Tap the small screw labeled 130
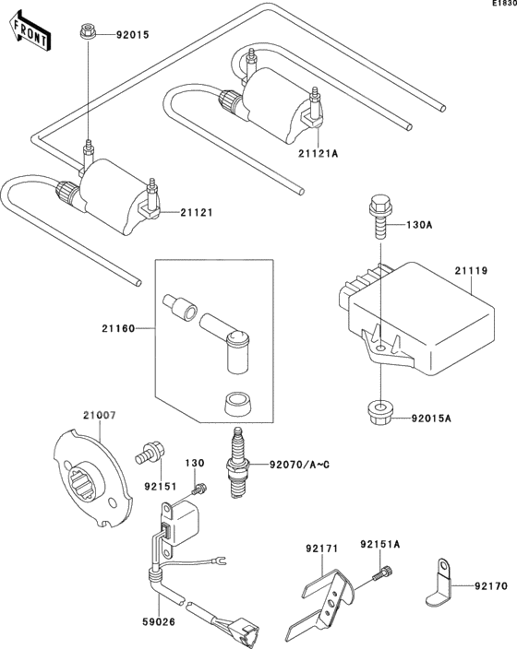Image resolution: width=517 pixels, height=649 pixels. pyautogui.click(x=197, y=486)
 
